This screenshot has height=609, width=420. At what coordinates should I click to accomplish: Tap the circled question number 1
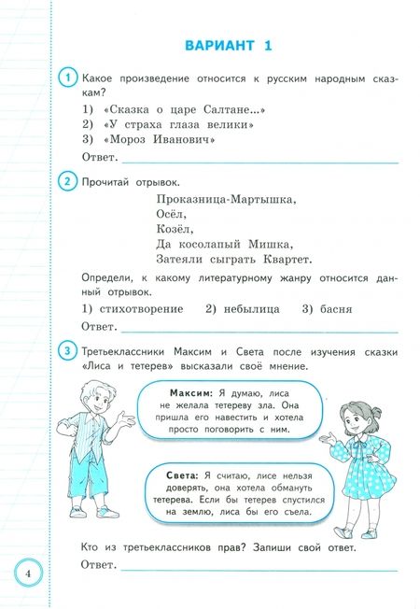(66, 79)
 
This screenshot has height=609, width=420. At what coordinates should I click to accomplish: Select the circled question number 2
(66, 181)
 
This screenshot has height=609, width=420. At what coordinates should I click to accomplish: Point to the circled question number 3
(66, 350)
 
